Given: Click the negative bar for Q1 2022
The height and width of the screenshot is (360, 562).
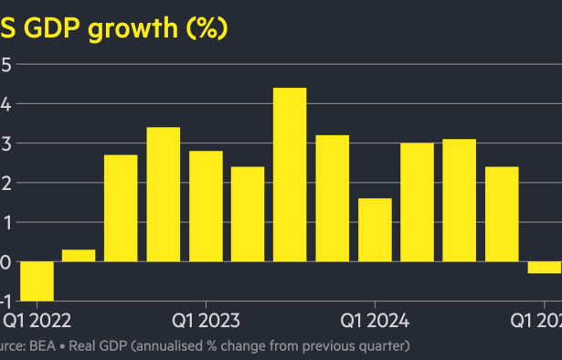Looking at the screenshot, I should click(37, 281).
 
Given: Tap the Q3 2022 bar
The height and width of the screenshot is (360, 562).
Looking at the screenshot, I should click(121, 208).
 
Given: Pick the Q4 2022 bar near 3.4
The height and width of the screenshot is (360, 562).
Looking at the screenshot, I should click(164, 195).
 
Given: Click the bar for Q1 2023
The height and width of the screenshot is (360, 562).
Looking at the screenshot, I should click(206, 206).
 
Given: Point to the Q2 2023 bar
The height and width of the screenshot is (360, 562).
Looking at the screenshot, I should click(248, 214).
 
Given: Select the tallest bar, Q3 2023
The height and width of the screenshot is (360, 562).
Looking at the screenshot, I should click(290, 175).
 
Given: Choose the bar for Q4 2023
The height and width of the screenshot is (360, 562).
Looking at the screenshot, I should click(332, 198).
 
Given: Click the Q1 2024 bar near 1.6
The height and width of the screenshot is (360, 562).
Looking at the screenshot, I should click(375, 229).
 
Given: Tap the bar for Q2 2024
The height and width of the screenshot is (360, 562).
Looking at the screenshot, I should click(417, 202).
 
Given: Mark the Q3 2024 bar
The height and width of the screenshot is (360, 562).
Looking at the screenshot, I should click(459, 200).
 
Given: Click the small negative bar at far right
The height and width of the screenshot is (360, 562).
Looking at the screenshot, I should click(545, 267).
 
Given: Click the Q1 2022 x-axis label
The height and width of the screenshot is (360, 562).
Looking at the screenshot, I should click(37, 321).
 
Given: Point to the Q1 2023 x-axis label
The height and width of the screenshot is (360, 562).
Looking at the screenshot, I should click(206, 321).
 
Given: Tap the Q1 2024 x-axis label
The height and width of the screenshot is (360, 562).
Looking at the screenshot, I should click(375, 321).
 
